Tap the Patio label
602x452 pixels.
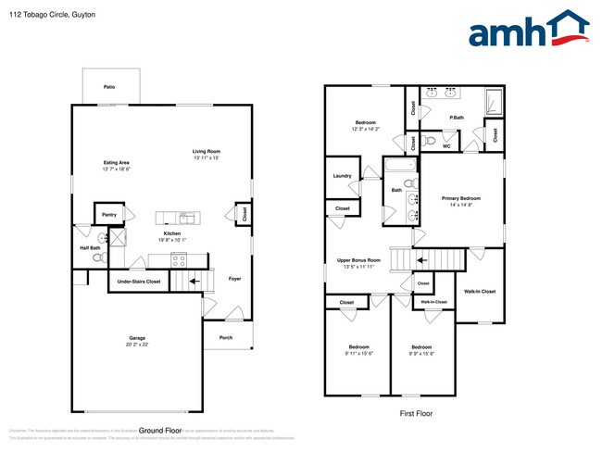[109, 86]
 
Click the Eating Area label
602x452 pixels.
[117, 163]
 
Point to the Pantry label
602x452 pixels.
[108, 214]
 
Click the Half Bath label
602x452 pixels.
[89, 247]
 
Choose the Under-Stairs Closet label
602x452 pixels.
[138, 281]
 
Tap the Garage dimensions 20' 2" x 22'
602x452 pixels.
[136, 344]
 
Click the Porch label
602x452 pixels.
[225, 336]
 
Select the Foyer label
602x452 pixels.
[235, 278]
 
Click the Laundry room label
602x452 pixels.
[341, 175]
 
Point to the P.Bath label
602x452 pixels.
[456, 118]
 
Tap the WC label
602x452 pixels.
[445, 146]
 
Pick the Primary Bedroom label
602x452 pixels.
[460, 198]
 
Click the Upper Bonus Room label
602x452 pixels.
[358, 261]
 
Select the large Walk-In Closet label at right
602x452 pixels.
[480, 291]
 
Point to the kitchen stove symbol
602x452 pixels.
[178, 260]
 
